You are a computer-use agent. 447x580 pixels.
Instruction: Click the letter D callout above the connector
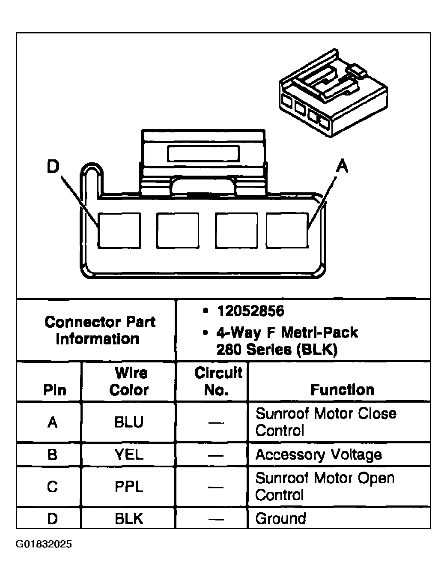pyautogui.click(x=53, y=167)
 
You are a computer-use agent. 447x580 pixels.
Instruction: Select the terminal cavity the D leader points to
pyautogui.click(x=119, y=230)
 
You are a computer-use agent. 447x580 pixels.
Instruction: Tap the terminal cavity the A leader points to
pyautogui.click(x=287, y=230)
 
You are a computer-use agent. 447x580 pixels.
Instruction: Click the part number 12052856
pyautogui.click(x=250, y=311)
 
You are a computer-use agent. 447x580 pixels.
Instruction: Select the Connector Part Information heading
pyautogui.click(x=99, y=330)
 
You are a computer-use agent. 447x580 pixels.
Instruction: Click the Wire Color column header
pyautogui.click(x=129, y=381)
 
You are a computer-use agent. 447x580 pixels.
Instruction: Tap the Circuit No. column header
pyautogui.click(x=218, y=381)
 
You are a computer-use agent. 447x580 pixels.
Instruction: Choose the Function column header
pyautogui.click(x=342, y=390)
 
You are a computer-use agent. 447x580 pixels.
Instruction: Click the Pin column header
pyautogui.click(x=55, y=390)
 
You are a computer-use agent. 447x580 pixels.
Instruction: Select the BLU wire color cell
pyautogui.click(x=129, y=422)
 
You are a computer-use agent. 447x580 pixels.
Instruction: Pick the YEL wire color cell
pyautogui.click(x=129, y=454)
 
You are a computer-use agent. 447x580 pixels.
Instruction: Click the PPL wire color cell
pyautogui.click(x=129, y=487)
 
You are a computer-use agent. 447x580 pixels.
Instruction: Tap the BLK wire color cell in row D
pyautogui.click(x=129, y=519)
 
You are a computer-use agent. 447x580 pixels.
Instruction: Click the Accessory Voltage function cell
pyautogui.click(x=319, y=454)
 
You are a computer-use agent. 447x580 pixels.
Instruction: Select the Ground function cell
pyautogui.click(x=281, y=519)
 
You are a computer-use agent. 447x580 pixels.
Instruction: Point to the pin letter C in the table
pyautogui.click(x=52, y=487)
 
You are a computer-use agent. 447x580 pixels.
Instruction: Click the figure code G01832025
pyautogui.click(x=44, y=544)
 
